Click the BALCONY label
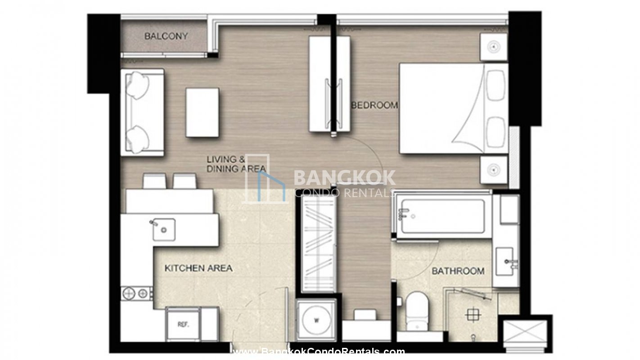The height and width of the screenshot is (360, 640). pos(166,36)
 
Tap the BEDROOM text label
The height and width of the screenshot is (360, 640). pos(374,105)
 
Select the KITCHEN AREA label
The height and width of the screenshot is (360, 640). pos(198,268)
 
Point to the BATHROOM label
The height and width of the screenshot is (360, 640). pos(458,271)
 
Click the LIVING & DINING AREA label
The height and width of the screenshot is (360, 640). pos(236,164)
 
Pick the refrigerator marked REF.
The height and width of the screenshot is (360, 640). pos(183,324)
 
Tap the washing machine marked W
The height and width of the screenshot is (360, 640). pos(316,320)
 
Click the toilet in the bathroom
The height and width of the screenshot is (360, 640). pos(417,311)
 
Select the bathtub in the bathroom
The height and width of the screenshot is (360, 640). pos(442,216)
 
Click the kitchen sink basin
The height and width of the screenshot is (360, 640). pos(164,229)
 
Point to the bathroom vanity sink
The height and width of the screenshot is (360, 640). pos(505,261)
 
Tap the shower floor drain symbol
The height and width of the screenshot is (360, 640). pos(473,315)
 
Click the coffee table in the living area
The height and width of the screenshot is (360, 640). pos(203,112)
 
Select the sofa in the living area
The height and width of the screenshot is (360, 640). pos(142,112)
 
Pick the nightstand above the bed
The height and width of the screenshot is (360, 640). pos(493,47)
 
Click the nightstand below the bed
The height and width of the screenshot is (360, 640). pos(493,170)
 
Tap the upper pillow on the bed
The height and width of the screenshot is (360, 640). pos(496,85)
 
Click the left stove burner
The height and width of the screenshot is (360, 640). pos(129,293)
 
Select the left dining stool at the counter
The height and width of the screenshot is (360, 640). pos(154,181)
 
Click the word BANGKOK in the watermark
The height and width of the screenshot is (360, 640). pos(345,177)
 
